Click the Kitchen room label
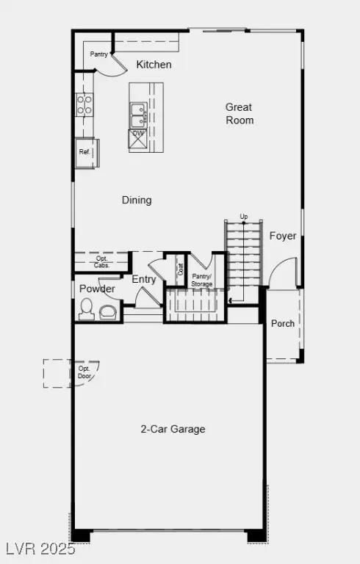tap(154, 65)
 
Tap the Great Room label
tap(239, 114)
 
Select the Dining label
tap(137, 200)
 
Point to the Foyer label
tap(283, 236)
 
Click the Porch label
tap(283, 323)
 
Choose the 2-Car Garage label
tap(173, 429)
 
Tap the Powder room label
tap(97, 289)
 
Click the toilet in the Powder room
tap(87, 310)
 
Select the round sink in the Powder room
tap(107, 311)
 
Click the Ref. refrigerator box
tap(85, 153)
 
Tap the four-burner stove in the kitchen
tap(84, 104)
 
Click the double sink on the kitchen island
tap(138, 115)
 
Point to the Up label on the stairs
tap(243, 216)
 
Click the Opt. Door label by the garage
tap(86, 371)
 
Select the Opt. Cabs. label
tap(102, 261)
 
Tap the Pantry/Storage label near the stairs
tap(201, 280)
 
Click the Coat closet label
tap(180, 270)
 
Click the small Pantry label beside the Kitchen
tap(99, 54)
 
